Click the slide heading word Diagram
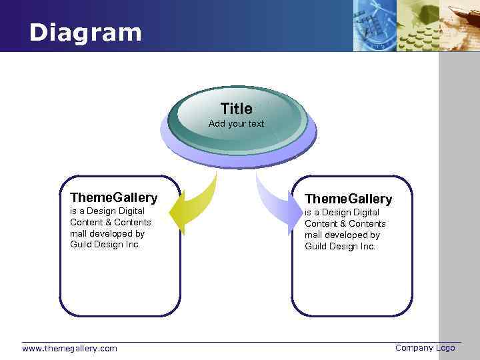[x=85, y=33]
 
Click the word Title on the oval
[x=236, y=109]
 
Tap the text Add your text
[x=236, y=124]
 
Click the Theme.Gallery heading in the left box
[x=113, y=197]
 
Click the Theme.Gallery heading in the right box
[x=348, y=199]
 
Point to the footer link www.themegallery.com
[x=69, y=348]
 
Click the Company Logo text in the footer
[x=425, y=347]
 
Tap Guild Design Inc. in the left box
[x=105, y=245]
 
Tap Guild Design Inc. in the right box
[x=340, y=246]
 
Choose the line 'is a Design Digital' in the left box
[x=107, y=211]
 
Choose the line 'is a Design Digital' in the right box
[x=342, y=212]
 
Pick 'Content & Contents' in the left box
[x=110, y=222]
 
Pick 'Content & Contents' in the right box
[x=345, y=223]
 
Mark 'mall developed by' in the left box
[x=107, y=233]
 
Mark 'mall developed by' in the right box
[x=342, y=235]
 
